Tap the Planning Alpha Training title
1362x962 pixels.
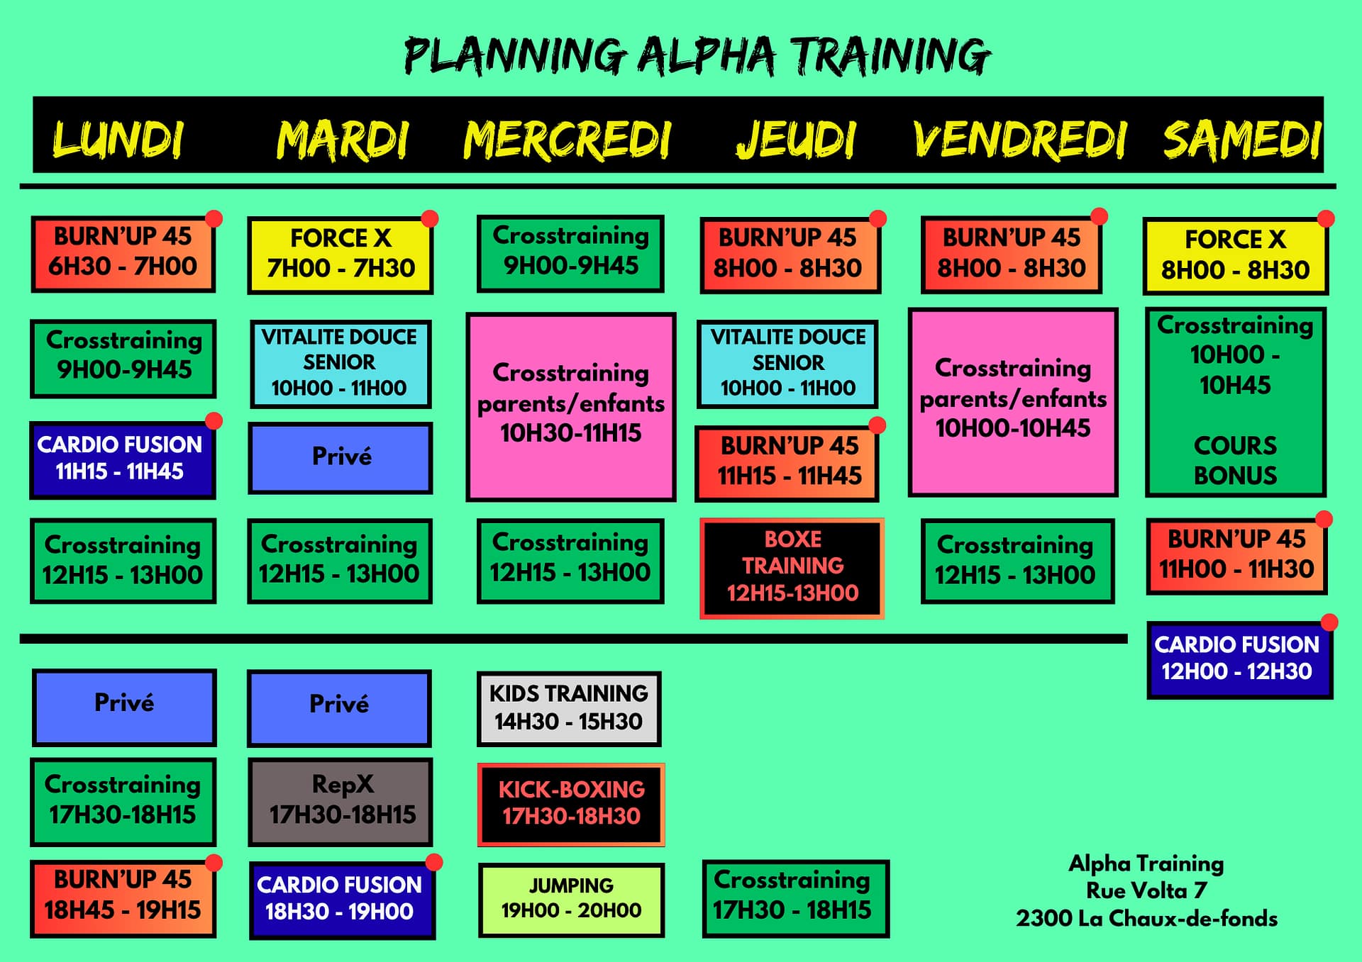697,55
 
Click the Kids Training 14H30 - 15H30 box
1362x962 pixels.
569,708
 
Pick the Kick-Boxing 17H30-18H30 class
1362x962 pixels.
571,804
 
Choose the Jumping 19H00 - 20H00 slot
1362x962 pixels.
571,899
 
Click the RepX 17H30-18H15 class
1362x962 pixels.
340,801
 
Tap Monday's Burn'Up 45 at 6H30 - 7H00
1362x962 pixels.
123,253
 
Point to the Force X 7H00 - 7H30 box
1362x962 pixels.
340,255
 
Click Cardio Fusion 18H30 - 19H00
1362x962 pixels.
340,900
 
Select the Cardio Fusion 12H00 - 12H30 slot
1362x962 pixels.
1238,659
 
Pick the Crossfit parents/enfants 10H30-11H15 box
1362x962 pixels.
571,406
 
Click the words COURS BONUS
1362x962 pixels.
1235,460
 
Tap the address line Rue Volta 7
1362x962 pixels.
1146,890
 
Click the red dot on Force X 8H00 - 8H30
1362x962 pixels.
1326,218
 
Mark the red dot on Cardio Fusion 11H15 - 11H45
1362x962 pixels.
214,421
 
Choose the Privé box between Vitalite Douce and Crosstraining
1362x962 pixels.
340,457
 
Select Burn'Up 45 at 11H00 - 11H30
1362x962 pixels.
1236,555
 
